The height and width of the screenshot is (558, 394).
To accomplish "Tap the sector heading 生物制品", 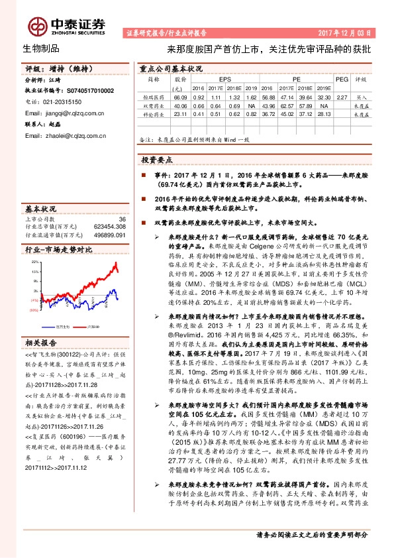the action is click(x=41, y=48).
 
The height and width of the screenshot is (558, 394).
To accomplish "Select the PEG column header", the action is click(x=342, y=78).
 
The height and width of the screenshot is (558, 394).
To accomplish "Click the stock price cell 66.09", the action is click(x=177, y=96).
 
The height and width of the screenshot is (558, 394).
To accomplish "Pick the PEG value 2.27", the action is click(x=342, y=96).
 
